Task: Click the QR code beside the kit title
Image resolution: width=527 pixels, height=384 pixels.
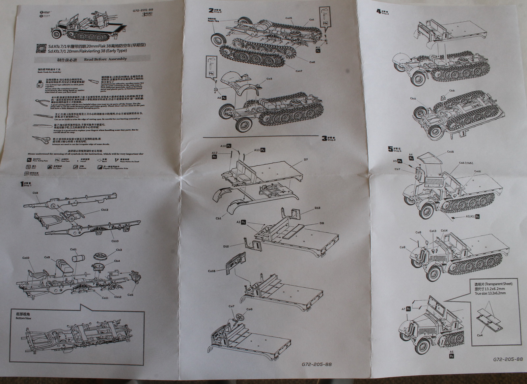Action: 41,48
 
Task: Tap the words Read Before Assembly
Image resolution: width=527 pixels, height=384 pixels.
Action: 105,59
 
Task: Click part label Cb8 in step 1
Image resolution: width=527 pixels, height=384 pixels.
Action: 35,193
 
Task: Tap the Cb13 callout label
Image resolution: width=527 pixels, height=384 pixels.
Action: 105,209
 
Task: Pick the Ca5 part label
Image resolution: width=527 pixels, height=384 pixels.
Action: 130,295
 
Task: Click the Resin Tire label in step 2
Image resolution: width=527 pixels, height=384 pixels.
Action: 213,21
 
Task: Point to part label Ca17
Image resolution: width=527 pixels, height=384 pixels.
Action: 299,71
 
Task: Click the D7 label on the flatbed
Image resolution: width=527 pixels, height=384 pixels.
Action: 306,160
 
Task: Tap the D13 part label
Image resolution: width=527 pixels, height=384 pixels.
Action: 317,208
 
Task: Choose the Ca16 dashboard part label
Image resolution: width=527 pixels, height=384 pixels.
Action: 212,271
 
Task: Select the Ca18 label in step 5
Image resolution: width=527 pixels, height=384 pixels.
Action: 450,152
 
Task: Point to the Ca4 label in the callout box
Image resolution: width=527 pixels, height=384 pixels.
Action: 480,335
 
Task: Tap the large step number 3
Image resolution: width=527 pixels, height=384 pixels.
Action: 324,138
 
